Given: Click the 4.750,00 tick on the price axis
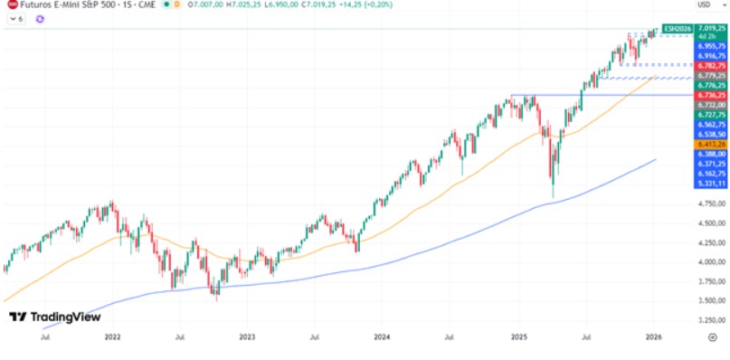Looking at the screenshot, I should pyautogui.click(x=707, y=204).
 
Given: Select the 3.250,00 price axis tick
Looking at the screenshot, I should pyautogui.click(x=707, y=320).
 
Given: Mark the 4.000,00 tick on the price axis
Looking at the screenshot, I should pyautogui.click(x=707, y=262).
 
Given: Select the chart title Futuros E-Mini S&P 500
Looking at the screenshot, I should pyautogui.click(x=63, y=6).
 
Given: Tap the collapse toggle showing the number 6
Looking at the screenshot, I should pyautogui.click(x=14, y=19).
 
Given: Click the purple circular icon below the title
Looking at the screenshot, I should pyautogui.click(x=40, y=19).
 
